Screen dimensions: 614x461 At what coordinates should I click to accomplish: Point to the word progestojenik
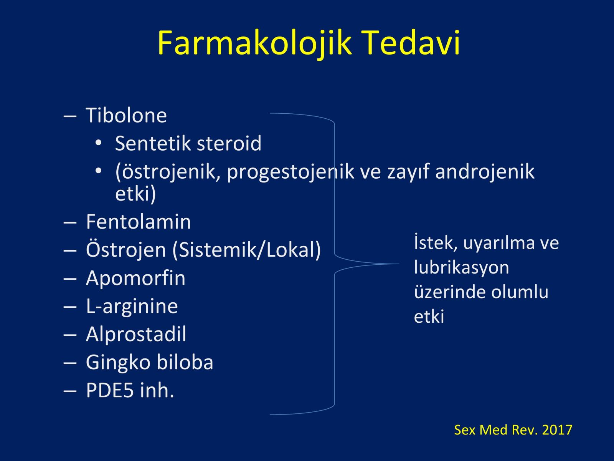[x=290, y=172]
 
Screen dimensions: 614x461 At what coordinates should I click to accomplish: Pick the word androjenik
[x=485, y=171]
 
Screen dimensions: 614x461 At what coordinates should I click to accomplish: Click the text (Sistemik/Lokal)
[x=247, y=250]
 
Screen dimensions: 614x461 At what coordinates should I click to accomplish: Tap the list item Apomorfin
[x=136, y=279]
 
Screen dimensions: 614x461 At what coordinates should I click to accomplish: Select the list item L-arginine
[x=132, y=306]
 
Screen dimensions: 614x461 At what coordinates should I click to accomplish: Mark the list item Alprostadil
[x=136, y=334]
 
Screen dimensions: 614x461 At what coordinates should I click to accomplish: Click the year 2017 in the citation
[x=557, y=429]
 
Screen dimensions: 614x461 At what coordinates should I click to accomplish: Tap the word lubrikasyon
[x=461, y=268]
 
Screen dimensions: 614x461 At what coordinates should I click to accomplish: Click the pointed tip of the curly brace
[x=399, y=264]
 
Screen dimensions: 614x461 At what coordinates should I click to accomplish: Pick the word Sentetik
[x=153, y=143]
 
